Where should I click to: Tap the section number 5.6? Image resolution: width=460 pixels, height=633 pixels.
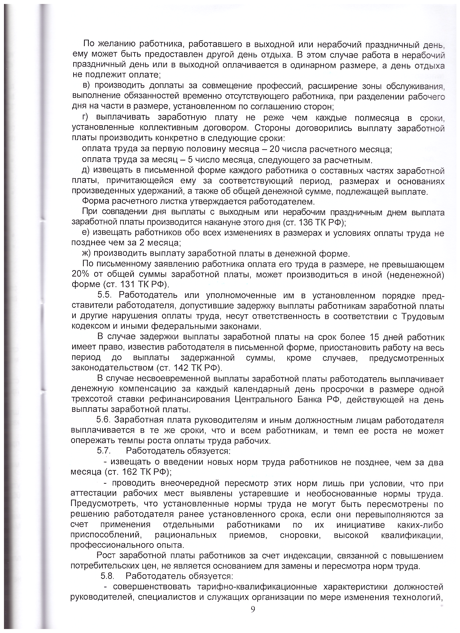click(105, 420)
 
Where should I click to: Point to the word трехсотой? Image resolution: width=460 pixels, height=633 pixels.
click(92, 400)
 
